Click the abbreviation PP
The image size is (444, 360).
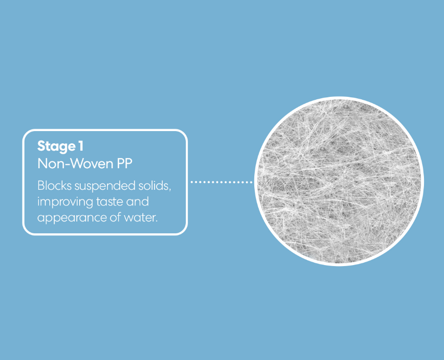click(124, 164)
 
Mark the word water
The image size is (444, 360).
click(140, 217)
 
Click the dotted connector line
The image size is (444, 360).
click(221, 182)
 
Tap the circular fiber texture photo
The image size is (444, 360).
click(339, 181)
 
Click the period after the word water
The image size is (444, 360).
click(157, 221)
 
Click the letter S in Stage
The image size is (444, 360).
click(41, 146)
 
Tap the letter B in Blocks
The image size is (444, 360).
click(40, 186)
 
